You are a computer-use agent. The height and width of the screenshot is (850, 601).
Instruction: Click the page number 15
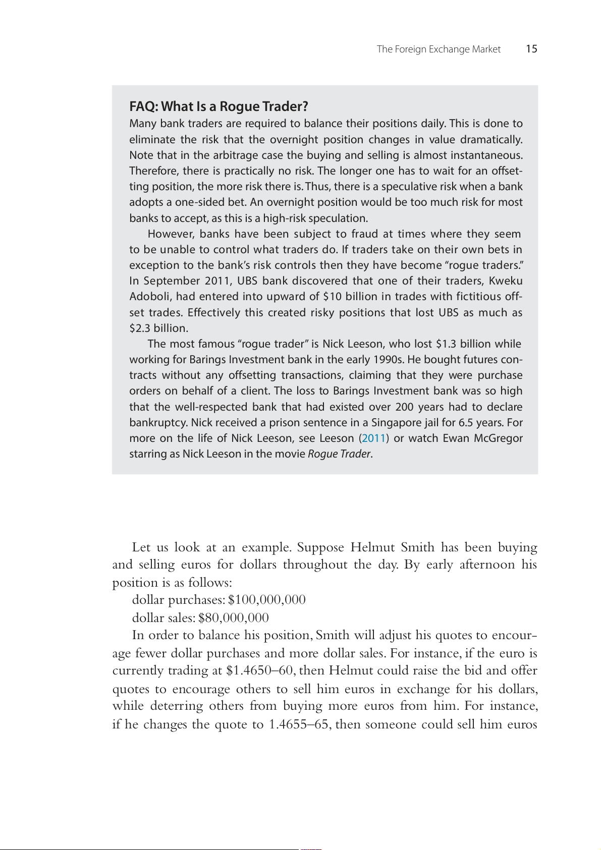pos(531,49)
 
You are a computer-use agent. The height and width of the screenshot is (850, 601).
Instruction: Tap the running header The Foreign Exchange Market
pos(439,49)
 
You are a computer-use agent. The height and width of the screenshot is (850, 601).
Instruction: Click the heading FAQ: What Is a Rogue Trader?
pos(218,106)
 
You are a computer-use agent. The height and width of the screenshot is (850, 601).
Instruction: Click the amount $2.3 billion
pos(158,328)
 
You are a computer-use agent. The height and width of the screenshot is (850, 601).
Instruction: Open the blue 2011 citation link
pos(374,438)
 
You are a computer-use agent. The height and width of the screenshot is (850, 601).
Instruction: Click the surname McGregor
pos(498,438)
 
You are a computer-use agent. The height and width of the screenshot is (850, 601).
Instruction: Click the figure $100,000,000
pos(267,600)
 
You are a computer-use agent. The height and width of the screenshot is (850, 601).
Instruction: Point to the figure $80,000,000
pos(234,617)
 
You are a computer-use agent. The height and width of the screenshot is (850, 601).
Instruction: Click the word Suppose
pos(320,547)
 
